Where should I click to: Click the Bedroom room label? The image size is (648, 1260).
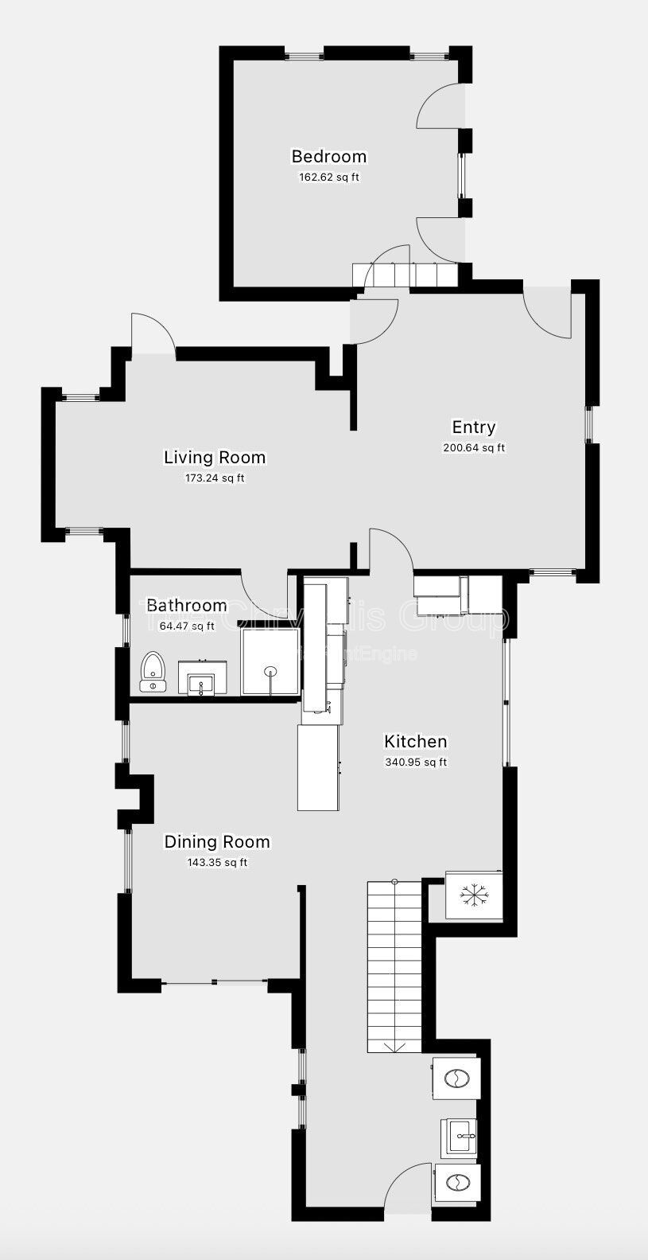(328, 156)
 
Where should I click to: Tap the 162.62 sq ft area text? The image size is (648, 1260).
(328, 177)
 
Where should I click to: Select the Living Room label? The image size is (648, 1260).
(214, 457)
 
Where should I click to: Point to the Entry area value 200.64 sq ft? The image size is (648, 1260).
(473, 448)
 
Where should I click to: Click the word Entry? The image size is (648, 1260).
(473, 427)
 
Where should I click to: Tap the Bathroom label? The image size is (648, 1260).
(186, 606)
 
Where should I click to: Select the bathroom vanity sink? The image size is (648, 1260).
(201, 683)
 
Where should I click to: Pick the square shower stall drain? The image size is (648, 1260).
(270, 671)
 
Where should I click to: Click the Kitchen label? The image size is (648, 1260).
(415, 741)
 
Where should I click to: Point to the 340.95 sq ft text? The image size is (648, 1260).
(415, 763)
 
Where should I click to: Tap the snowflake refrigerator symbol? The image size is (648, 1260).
(474, 895)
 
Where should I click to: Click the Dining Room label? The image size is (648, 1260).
(216, 841)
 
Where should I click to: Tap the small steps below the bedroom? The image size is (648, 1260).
(405, 275)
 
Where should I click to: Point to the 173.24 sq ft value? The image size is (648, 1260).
(214, 478)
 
